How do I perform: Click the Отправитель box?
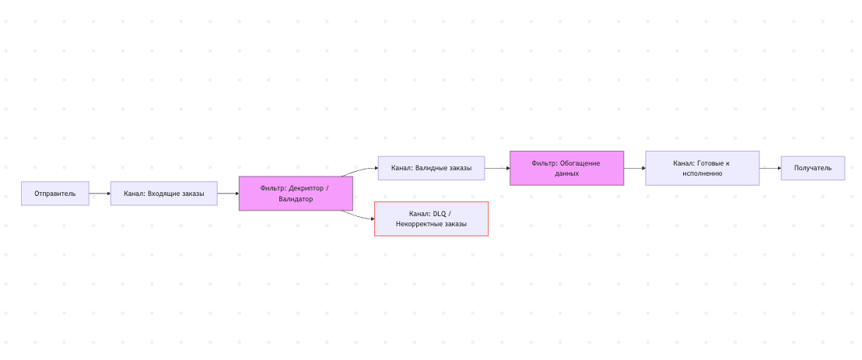[55, 194]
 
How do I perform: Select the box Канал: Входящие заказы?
[164, 194]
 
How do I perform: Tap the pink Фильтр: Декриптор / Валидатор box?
[296, 194]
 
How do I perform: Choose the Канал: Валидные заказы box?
[431, 168]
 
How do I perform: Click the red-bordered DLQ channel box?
[431, 218]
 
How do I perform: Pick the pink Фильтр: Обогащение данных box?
[567, 168]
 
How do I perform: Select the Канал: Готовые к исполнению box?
[702, 168]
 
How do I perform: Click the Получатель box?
[812, 168]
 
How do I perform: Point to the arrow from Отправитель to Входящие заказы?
[100, 194]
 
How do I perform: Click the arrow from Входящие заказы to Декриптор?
[228, 194]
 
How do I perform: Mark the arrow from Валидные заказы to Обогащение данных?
[498, 168]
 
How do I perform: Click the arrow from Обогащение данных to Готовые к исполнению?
[635, 168]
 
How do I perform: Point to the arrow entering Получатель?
[770, 168]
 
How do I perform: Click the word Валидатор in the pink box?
[296, 199]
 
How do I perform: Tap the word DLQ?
[440, 213]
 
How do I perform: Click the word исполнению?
[702, 173]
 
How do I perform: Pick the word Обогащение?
[580, 163]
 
